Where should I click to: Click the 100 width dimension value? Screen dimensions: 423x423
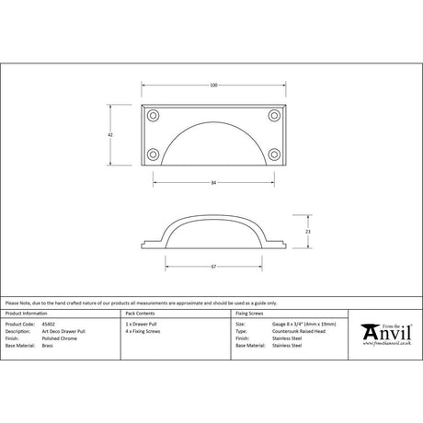tap(212, 86)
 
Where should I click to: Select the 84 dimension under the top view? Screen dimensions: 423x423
tap(212, 183)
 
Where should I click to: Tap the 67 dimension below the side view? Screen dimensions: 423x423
tap(212, 267)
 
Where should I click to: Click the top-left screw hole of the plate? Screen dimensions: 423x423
tap(153, 116)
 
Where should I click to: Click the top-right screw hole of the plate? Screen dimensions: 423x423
tap(273, 116)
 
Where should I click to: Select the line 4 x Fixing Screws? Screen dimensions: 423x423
tap(143, 332)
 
